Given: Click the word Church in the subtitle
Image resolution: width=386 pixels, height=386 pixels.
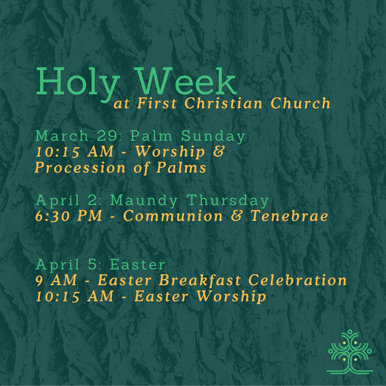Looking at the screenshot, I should tap(300, 104).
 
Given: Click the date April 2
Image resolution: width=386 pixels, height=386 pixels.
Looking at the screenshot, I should tap(66, 201).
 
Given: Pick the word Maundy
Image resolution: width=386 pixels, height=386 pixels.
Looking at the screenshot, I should tap(144, 201).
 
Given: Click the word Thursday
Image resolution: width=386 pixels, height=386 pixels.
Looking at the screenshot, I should tap(228, 201).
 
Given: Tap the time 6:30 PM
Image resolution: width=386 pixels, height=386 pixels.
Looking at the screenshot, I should tap(69, 216).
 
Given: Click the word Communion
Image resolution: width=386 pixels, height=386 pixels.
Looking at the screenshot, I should tap(173, 216).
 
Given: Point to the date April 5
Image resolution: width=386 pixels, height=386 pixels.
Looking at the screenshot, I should tap(66, 265).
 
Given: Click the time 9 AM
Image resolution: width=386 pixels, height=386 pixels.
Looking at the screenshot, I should tap(56, 281).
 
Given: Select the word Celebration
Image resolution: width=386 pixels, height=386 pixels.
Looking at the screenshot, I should tap(297, 281).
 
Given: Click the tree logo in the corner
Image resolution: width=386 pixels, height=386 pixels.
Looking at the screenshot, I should tap(350, 352).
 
